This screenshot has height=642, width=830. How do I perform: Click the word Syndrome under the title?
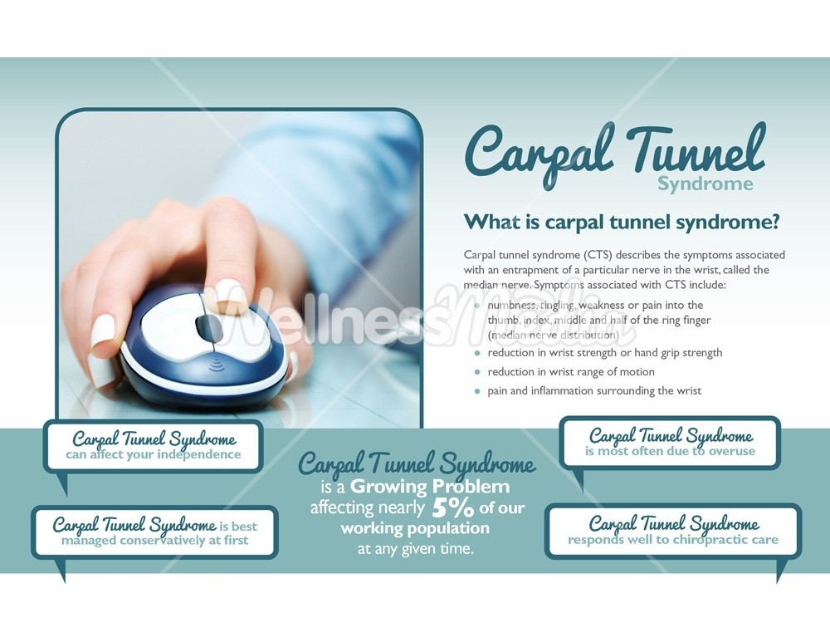[x=705, y=184]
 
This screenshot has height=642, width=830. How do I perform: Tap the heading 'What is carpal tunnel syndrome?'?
[x=622, y=223]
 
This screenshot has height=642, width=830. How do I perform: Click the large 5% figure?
[x=452, y=507]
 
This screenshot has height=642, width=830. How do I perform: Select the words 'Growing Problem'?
[x=429, y=486]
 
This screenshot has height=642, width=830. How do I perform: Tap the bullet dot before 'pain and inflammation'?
[x=477, y=391]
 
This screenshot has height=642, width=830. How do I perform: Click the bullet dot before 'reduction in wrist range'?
[x=477, y=372]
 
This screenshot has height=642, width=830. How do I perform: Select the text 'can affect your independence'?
[x=154, y=454]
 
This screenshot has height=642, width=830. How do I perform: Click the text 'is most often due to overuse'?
[x=670, y=451]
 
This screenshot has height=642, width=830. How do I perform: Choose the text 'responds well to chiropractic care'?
[x=672, y=540]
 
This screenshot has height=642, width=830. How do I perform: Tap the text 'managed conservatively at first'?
[x=154, y=540]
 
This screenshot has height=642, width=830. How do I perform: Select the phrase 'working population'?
[x=415, y=528]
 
